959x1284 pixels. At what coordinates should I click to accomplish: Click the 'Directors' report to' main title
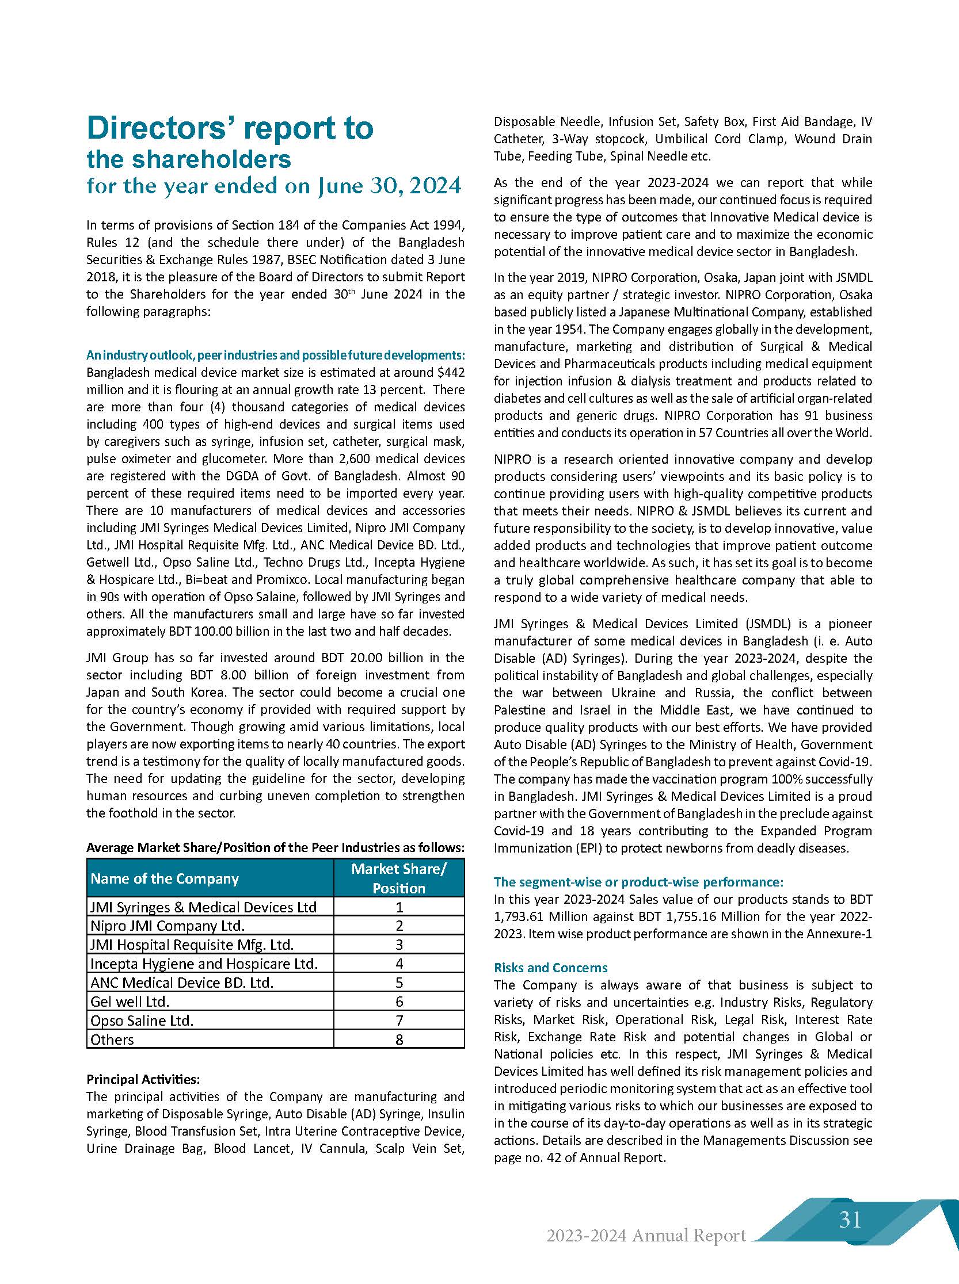tap(230, 129)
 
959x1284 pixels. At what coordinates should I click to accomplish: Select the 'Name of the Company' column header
tap(165, 878)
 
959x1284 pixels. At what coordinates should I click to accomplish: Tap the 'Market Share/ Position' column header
tap(399, 878)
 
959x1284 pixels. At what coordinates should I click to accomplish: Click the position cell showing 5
tap(399, 983)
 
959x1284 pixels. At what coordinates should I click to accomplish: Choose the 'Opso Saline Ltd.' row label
tap(142, 1020)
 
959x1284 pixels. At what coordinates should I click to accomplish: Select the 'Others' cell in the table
tap(112, 1039)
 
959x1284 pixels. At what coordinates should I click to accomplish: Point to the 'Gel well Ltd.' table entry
tap(130, 1002)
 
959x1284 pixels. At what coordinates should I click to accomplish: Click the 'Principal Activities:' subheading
tap(143, 1079)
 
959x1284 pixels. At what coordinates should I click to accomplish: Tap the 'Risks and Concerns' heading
tap(550, 967)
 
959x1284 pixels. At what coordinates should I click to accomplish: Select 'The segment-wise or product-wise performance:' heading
tap(638, 882)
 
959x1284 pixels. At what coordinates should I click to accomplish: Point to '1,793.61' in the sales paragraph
tap(520, 917)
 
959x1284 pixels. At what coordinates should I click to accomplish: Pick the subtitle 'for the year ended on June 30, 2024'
tap(274, 186)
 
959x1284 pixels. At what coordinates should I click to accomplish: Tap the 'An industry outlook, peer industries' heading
tap(275, 354)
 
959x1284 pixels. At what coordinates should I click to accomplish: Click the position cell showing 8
tap(399, 1039)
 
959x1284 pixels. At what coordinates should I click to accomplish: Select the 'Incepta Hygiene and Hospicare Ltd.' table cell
tap(204, 964)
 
